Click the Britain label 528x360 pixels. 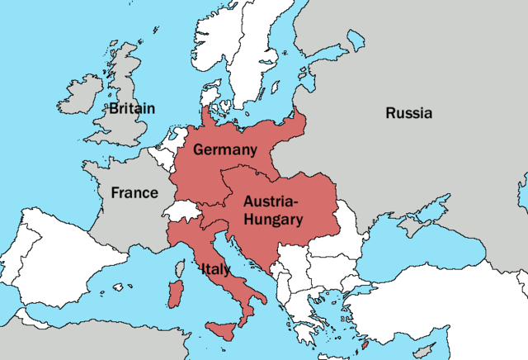pos(131,108)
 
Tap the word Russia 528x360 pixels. pos(408,113)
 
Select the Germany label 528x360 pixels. pos(225,149)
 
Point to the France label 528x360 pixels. pos(134,192)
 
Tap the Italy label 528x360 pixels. pos(215,269)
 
